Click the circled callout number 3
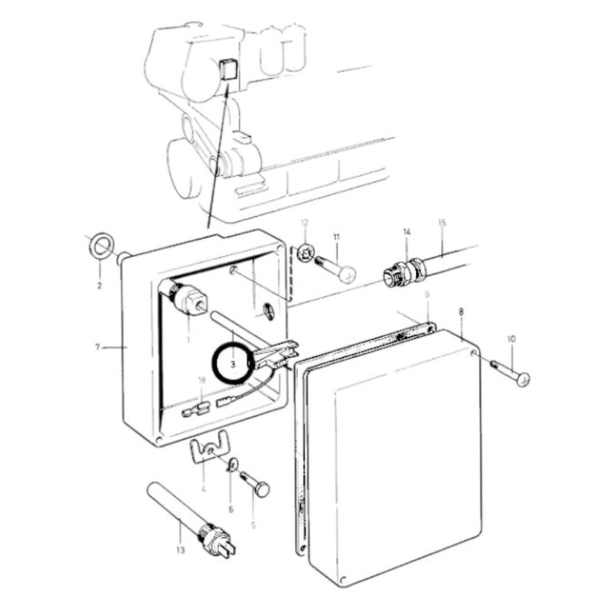coord(233,364)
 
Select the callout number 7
coord(97,347)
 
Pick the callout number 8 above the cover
coord(460,312)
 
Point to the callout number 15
coord(442,222)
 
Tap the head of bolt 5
coord(262,490)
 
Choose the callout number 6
coord(231,510)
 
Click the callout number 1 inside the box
coord(188,339)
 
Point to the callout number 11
coord(337,238)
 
